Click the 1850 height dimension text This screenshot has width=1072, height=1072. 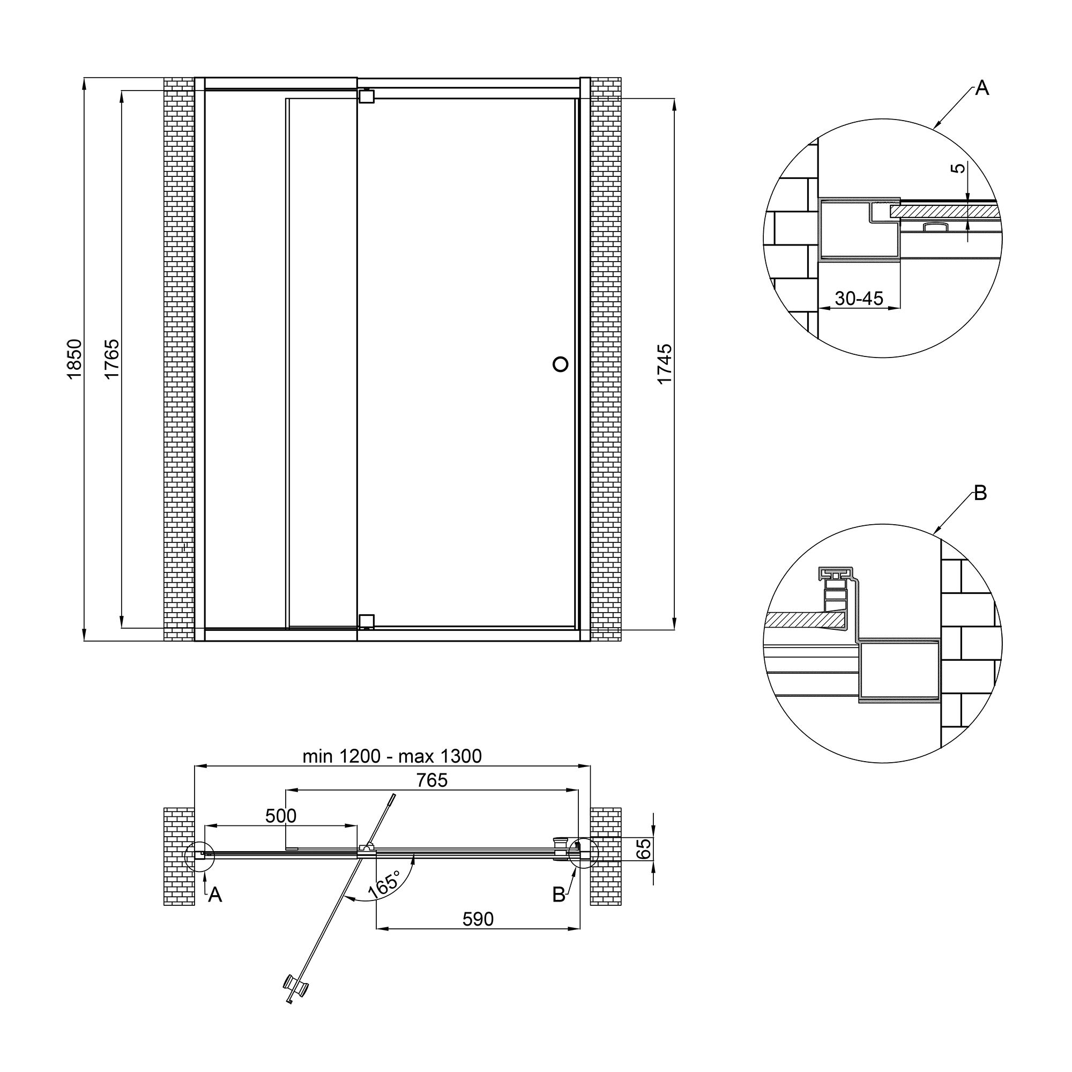point(75,359)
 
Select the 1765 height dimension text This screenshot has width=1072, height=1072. point(111,359)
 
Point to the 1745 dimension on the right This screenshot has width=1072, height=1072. point(664,363)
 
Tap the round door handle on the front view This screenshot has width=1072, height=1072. point(561,364)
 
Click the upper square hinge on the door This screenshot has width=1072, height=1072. point(366,96)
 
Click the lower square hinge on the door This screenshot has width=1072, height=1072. point(366,621)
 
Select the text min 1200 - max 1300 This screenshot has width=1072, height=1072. point(392,756)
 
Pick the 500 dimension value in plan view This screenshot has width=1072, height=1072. point(281,816)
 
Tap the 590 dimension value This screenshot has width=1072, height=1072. point(478,919)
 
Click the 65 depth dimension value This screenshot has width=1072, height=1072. point(643,849)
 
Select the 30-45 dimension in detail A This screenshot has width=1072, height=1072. point(858,299)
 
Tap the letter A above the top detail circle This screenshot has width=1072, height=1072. point(981,88)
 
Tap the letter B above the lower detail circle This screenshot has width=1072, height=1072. point(980,493)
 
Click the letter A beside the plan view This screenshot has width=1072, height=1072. point(215,894)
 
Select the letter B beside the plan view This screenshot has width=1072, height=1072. point(559,894)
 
